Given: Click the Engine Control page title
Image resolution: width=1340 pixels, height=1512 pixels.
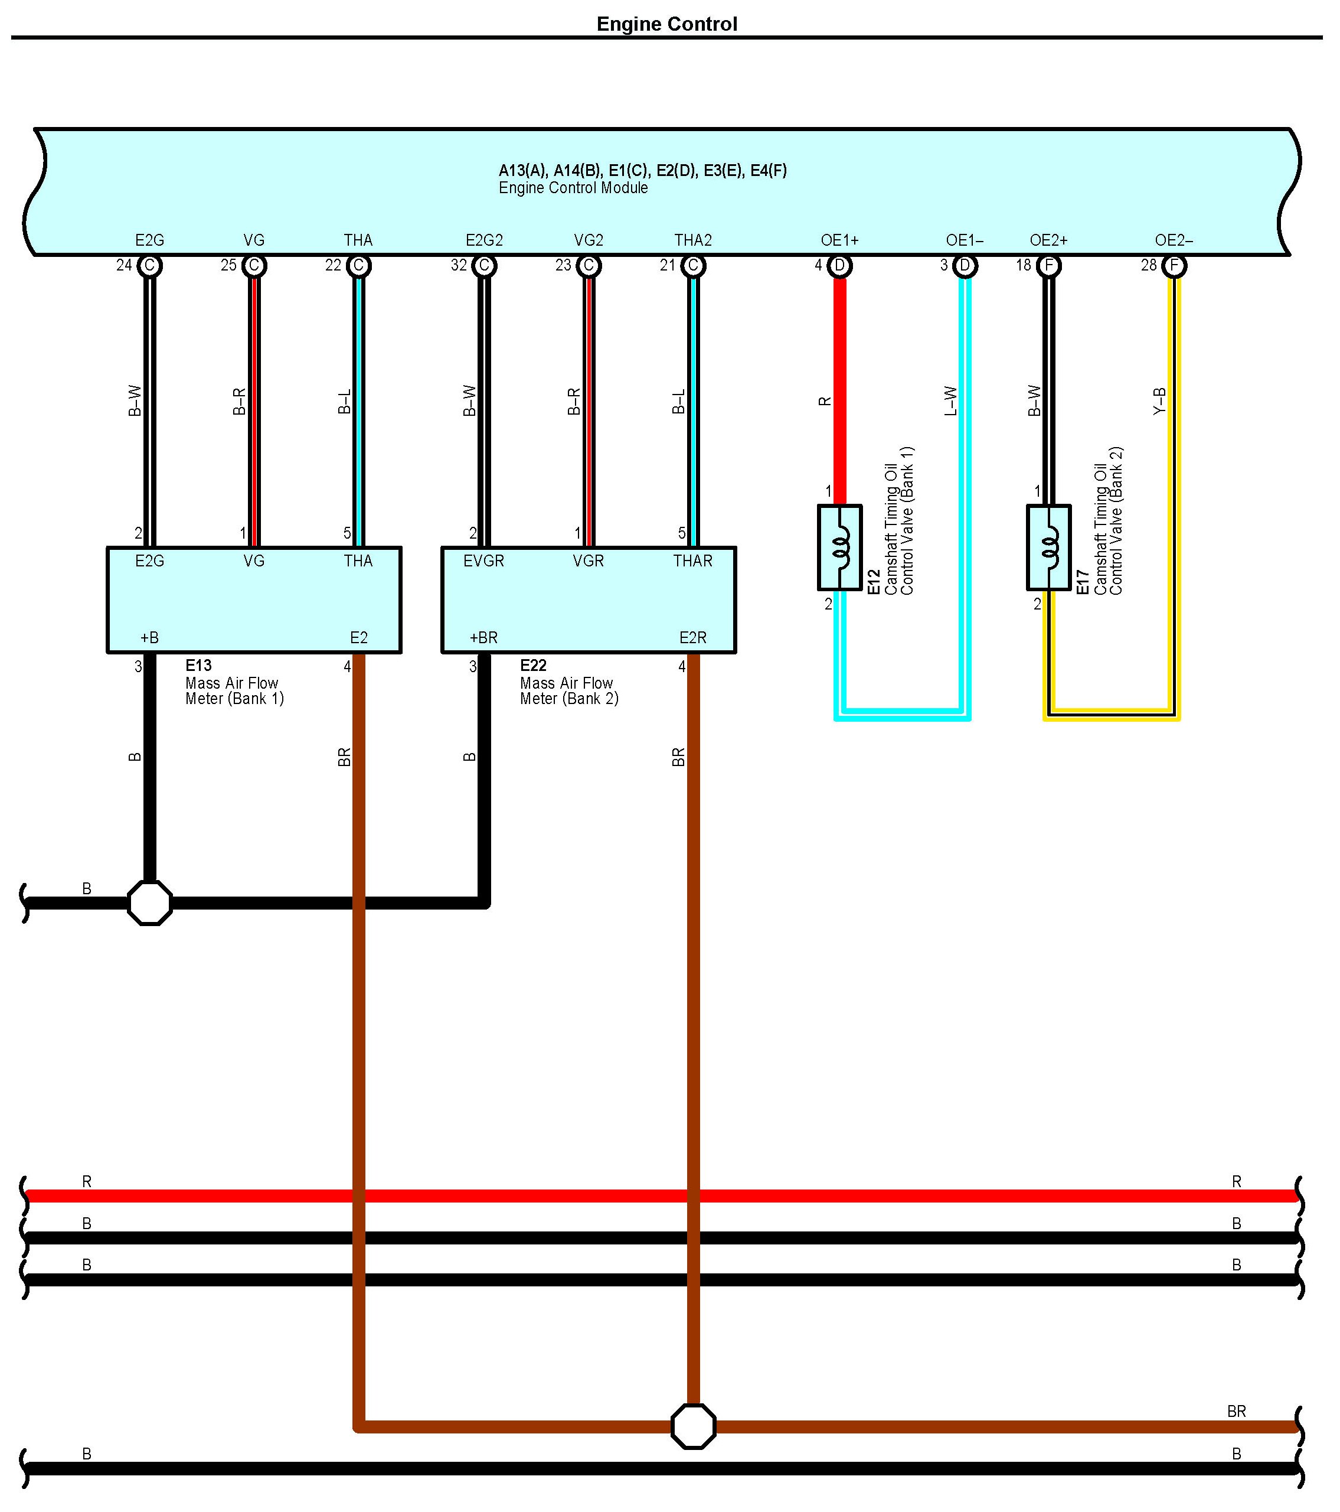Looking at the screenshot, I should (x=666, y=24).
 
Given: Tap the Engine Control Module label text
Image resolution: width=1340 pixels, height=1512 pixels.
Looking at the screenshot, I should (x=573, y=188).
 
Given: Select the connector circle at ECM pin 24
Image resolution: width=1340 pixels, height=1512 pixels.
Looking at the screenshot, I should (x=149, y=266).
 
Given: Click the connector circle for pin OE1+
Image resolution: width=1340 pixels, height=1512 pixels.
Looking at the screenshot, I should (x=839, y=266).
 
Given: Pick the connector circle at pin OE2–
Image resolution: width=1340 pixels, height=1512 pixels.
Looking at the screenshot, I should (x=1174, y=266).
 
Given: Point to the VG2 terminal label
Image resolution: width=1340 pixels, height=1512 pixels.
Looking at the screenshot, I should (x=589, y=240).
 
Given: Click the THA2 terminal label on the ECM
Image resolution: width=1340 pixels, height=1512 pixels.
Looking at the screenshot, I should (x=693, y=240).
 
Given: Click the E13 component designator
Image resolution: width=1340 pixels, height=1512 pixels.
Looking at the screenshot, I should (x=198, y=665).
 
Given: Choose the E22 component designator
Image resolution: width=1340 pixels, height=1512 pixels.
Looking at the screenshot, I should (x=533, y=665).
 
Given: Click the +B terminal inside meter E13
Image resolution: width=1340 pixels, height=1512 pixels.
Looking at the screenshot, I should (x=149, y=638).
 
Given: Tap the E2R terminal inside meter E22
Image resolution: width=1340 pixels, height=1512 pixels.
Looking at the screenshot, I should (x=693, y=638).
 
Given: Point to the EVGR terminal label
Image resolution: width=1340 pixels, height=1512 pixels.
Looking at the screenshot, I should (x=483, y=561).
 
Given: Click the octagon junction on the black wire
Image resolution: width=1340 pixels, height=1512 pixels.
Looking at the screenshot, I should (x=149, y=903).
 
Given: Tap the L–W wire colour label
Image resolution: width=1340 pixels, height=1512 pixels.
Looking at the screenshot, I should (x=951, y=401).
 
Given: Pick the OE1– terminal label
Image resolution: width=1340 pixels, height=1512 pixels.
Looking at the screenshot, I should (x=965, y=240).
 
